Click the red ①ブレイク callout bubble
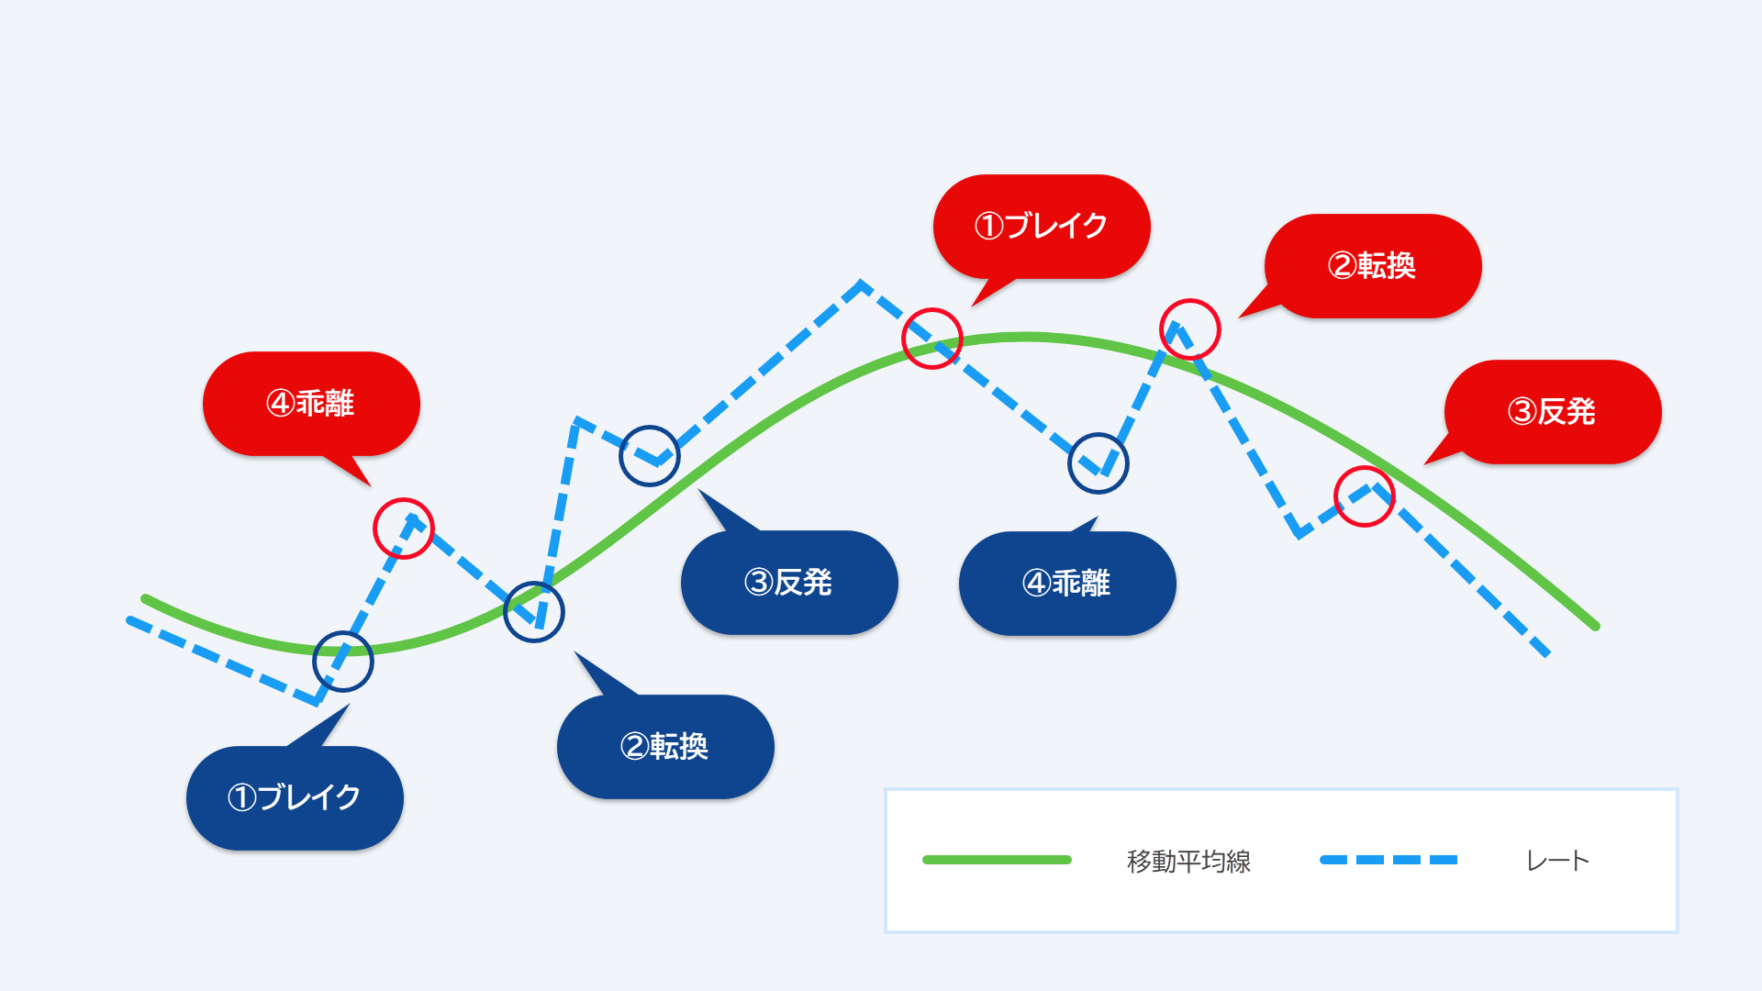click(1042, 226)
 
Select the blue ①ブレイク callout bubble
click(295, 797)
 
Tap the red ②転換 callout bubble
click(1373, 266)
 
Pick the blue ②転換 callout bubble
click(665, 746)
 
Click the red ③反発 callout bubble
click(1553, 412)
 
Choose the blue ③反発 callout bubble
click(789, 582)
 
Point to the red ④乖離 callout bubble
click(311, 404)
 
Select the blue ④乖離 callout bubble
click(1067, 583)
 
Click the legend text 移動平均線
click(1188, 861)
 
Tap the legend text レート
click(1557, 861)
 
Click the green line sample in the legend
click(997, 860)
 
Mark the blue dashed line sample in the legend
click(1388, 860)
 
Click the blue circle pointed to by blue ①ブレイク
click(343, 632)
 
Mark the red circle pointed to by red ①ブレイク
click(932, 309)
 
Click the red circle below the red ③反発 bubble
click(1365, 467)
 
